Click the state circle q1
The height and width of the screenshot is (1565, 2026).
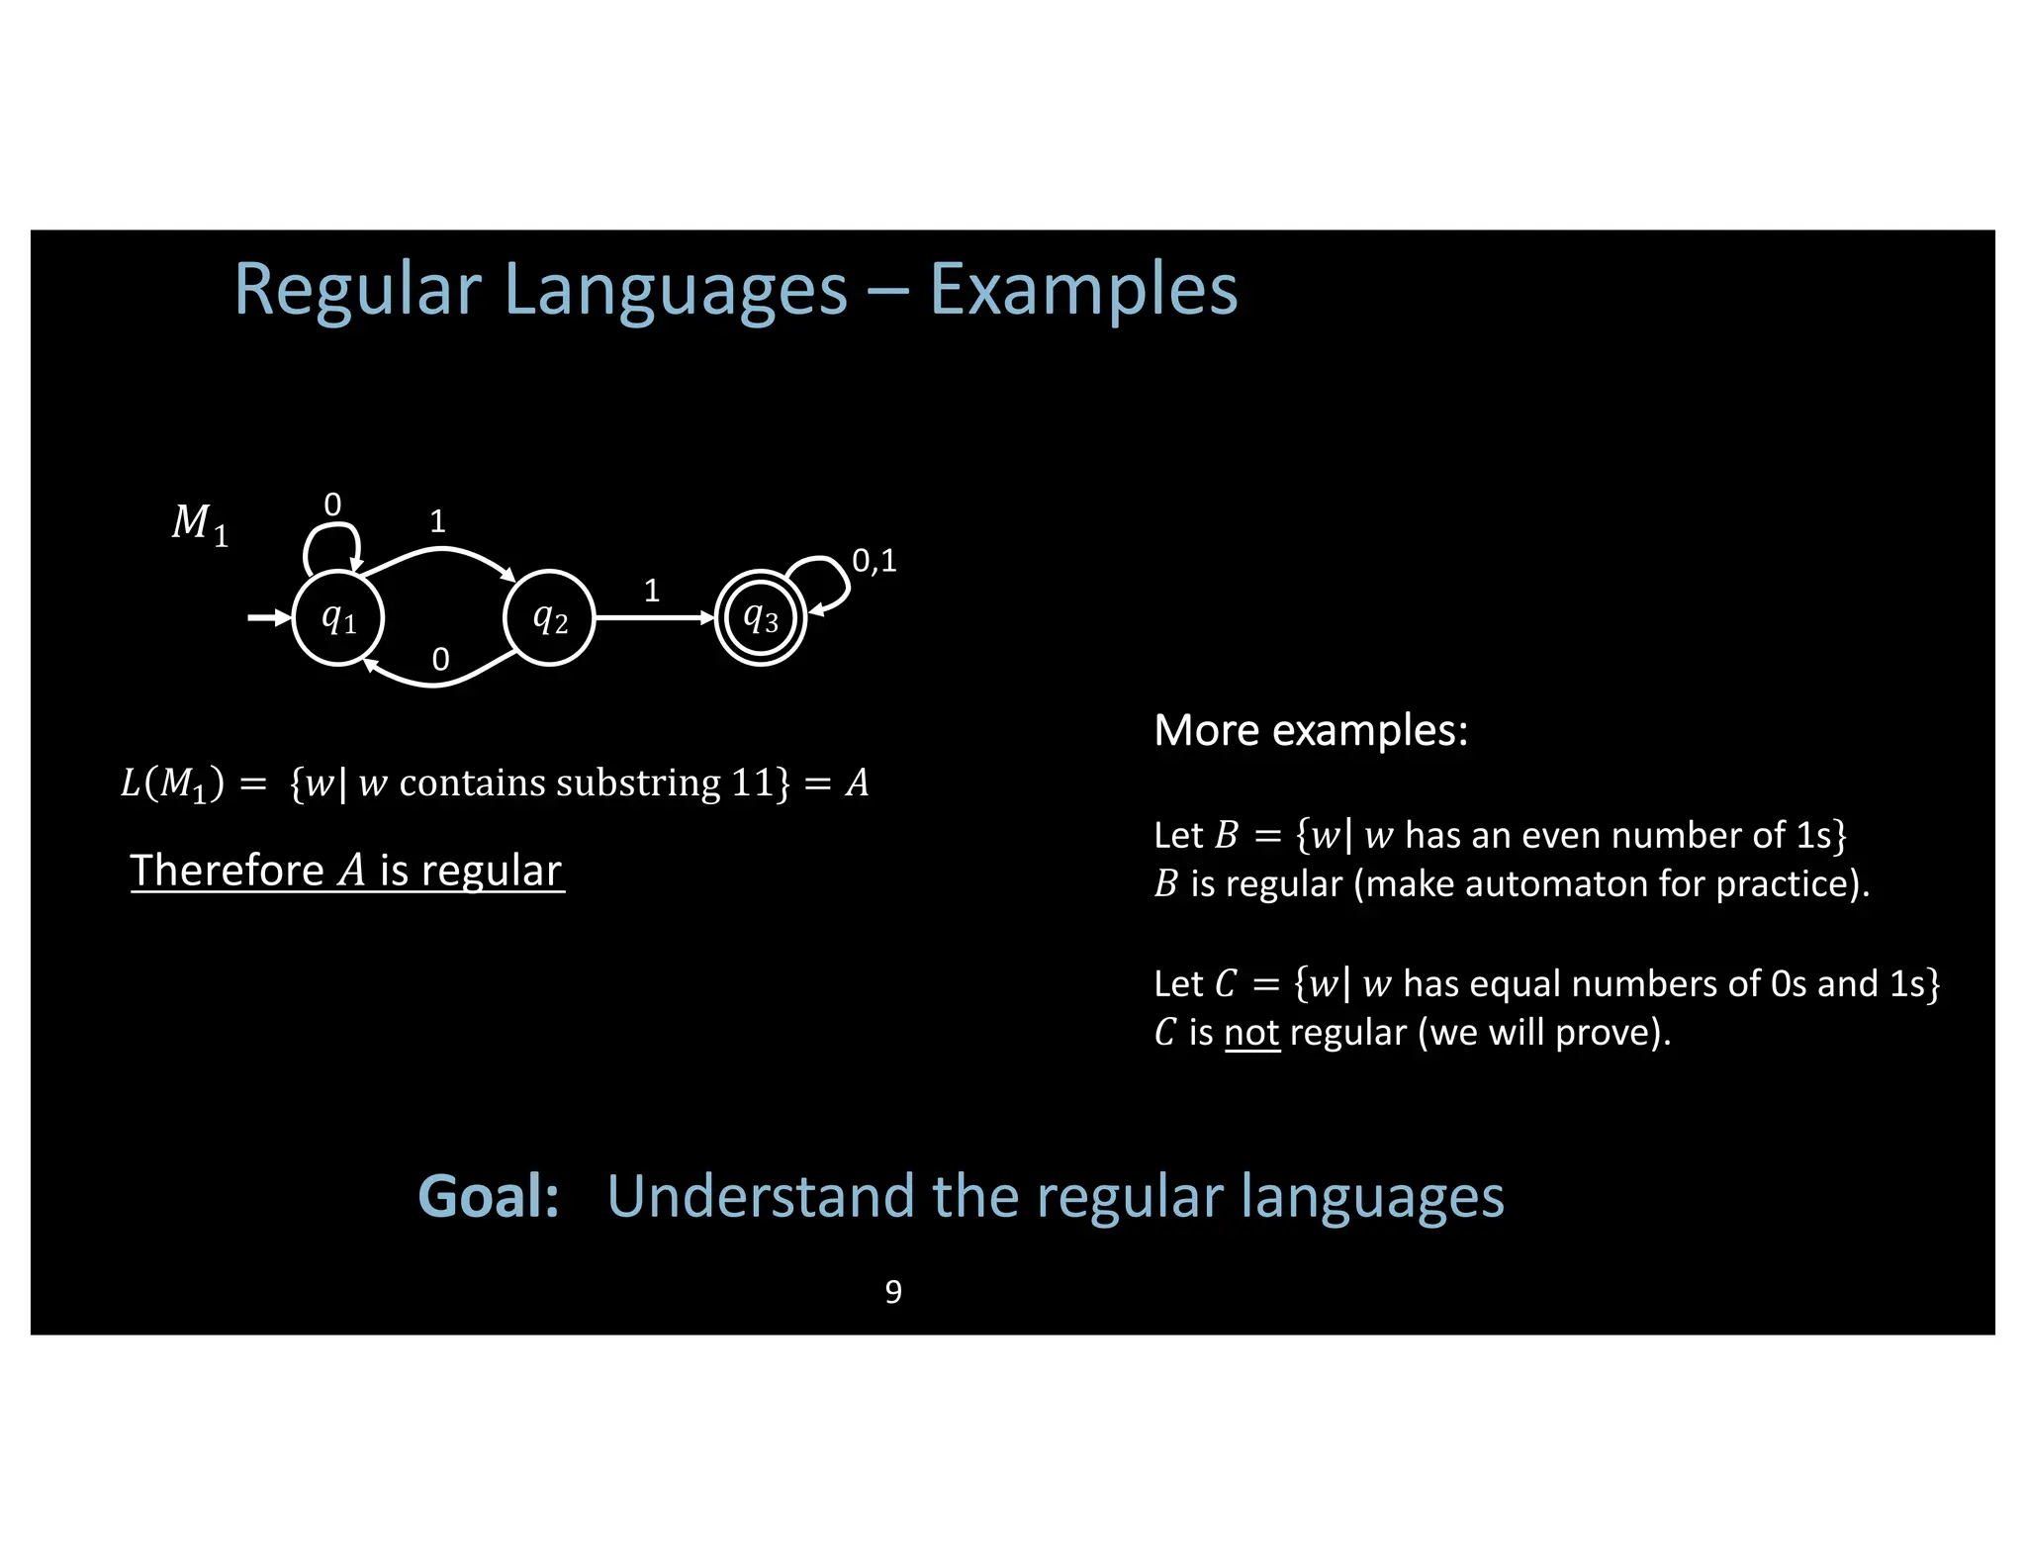point(338,618)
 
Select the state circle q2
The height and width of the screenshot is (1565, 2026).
point(549,618)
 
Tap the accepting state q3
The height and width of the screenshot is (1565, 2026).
point(761,618)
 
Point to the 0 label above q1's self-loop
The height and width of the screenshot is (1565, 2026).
point(332,506)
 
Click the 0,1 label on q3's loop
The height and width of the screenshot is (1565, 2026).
point(875,561)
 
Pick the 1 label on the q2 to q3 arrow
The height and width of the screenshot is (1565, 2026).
point(652,591)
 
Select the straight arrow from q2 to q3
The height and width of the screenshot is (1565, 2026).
point(654,618)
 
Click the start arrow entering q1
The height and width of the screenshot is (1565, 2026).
point(268,618)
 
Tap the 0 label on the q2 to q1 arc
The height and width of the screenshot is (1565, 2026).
point(441,659)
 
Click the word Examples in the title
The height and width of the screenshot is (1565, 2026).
point(1083,290)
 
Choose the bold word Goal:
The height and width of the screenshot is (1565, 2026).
point(489,1196)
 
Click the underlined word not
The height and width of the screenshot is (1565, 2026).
point(1251,1033)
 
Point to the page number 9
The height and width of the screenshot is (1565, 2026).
point(893,1292)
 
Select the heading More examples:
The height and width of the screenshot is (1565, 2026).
point(1311,730)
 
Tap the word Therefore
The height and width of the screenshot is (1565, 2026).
point(227,871)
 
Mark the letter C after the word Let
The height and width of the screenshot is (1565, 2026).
point(1226,983)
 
